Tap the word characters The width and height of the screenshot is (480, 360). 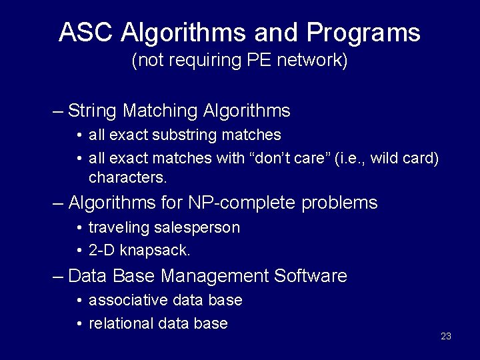tap(127, 178)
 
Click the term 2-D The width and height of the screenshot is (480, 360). tap(101, 251)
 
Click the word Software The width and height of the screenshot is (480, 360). tap(313, 275)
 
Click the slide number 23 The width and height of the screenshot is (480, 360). tap(446, 336)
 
